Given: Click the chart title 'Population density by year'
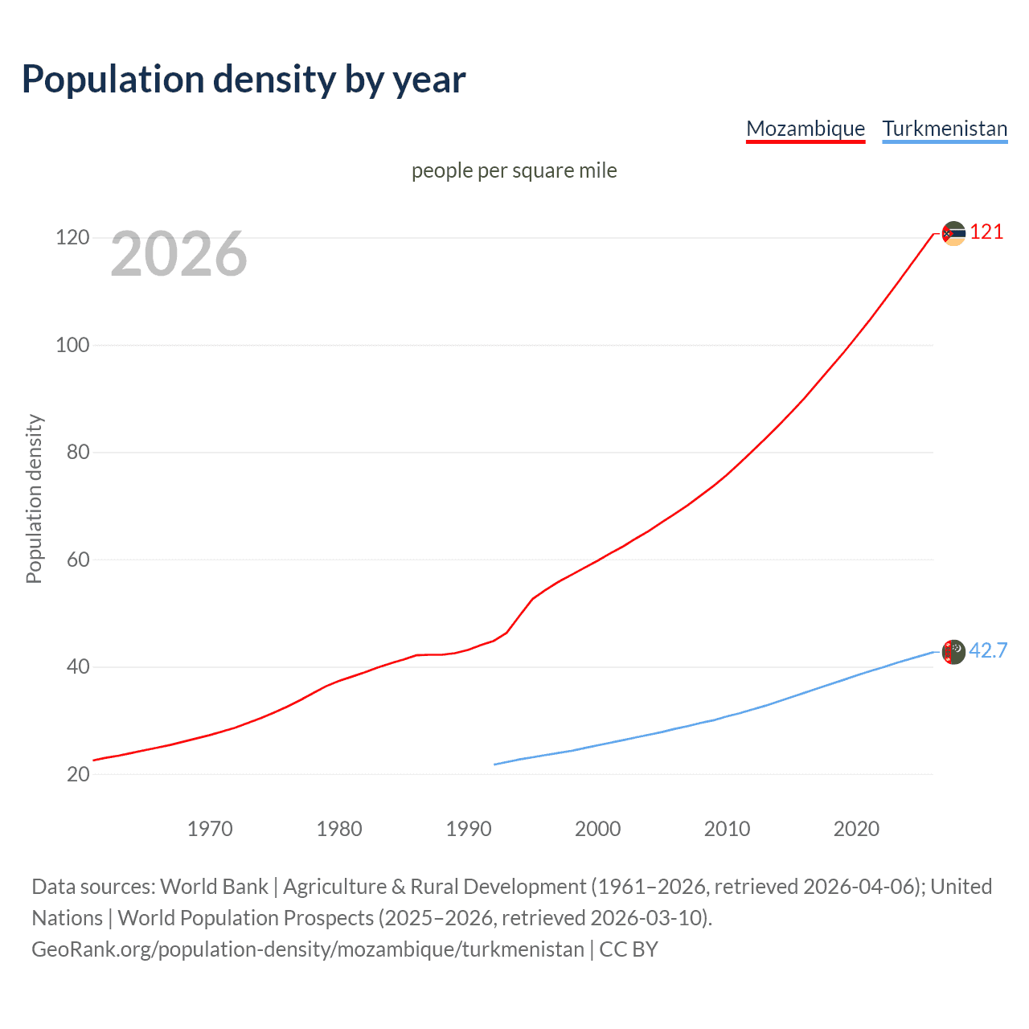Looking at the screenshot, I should click(244, 80).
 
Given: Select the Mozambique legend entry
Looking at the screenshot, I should click(806, 129).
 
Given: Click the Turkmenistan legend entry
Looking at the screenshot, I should click(945, 129).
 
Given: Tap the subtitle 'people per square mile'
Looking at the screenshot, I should click(514, 170).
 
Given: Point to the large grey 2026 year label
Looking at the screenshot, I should click(178, 254).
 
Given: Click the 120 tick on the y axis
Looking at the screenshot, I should click(72, 238).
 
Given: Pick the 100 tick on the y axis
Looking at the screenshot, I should click(72, 345).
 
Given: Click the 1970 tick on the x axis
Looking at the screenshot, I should click(210, 829).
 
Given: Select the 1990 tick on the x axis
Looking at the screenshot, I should click(469, 829).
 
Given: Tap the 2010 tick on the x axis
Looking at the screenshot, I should click(727, 829).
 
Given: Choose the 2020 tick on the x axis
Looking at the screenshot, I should click(856, 829).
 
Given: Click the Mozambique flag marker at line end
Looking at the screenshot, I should click(953, 234).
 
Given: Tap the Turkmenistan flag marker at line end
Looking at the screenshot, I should click(953, 652).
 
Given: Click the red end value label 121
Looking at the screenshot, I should click(986, 232).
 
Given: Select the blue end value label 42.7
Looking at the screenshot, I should click(988, 651).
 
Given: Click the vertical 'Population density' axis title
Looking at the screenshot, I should click(34, 498).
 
